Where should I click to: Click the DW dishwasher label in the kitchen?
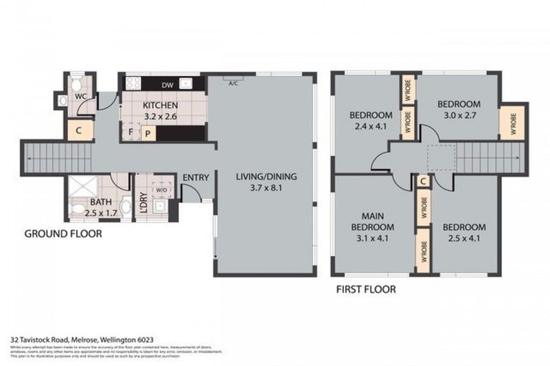point(166,85)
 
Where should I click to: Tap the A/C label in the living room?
point(233,84)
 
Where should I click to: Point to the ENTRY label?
point(195,178)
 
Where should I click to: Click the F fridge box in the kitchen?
point(130,132)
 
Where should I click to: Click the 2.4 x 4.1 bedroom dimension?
point(370,127)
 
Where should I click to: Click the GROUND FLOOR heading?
point(63,234)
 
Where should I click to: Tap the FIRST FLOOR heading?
point(365,290)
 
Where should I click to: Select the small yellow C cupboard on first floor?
point(423,182)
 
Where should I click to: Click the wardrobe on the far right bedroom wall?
point(511,122)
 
